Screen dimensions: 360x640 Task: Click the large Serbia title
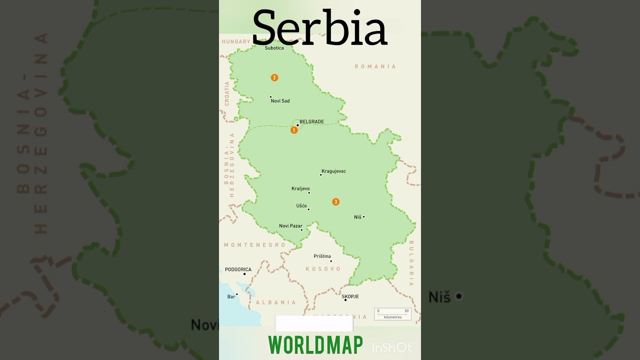[x=320, y=27]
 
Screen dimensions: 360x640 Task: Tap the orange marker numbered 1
[x=294, y=130]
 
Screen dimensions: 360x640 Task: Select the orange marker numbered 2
[x=274, y=77]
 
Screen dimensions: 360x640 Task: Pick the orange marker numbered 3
[x=336, y=202]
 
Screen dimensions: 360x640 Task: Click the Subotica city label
[x=274, y=48]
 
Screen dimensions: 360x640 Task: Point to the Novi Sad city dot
[x=270, y=97]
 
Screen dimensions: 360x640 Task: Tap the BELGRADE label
[x=311, y=121]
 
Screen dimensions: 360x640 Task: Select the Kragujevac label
[x=333, y=171]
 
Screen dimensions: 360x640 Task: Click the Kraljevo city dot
[x=309, y=192]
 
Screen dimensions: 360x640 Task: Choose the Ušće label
[x=301, y=206]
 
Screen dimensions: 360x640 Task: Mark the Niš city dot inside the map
[x=363, y=216]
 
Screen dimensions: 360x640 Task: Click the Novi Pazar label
[x=290, y=226]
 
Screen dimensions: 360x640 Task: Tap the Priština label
[x=322, y=256]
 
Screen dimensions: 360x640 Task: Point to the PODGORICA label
[x=238, y=269]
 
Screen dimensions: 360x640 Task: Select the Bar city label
[x=231, y=296]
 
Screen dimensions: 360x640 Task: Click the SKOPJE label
[x=350, y=296]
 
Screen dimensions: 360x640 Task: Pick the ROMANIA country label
[x=375, y=66]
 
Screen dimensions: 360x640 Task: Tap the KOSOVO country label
[x=323, y=269]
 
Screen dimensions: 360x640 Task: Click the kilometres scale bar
[x=392, y=314]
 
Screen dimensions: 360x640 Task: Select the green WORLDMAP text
[x=315, y=345]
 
